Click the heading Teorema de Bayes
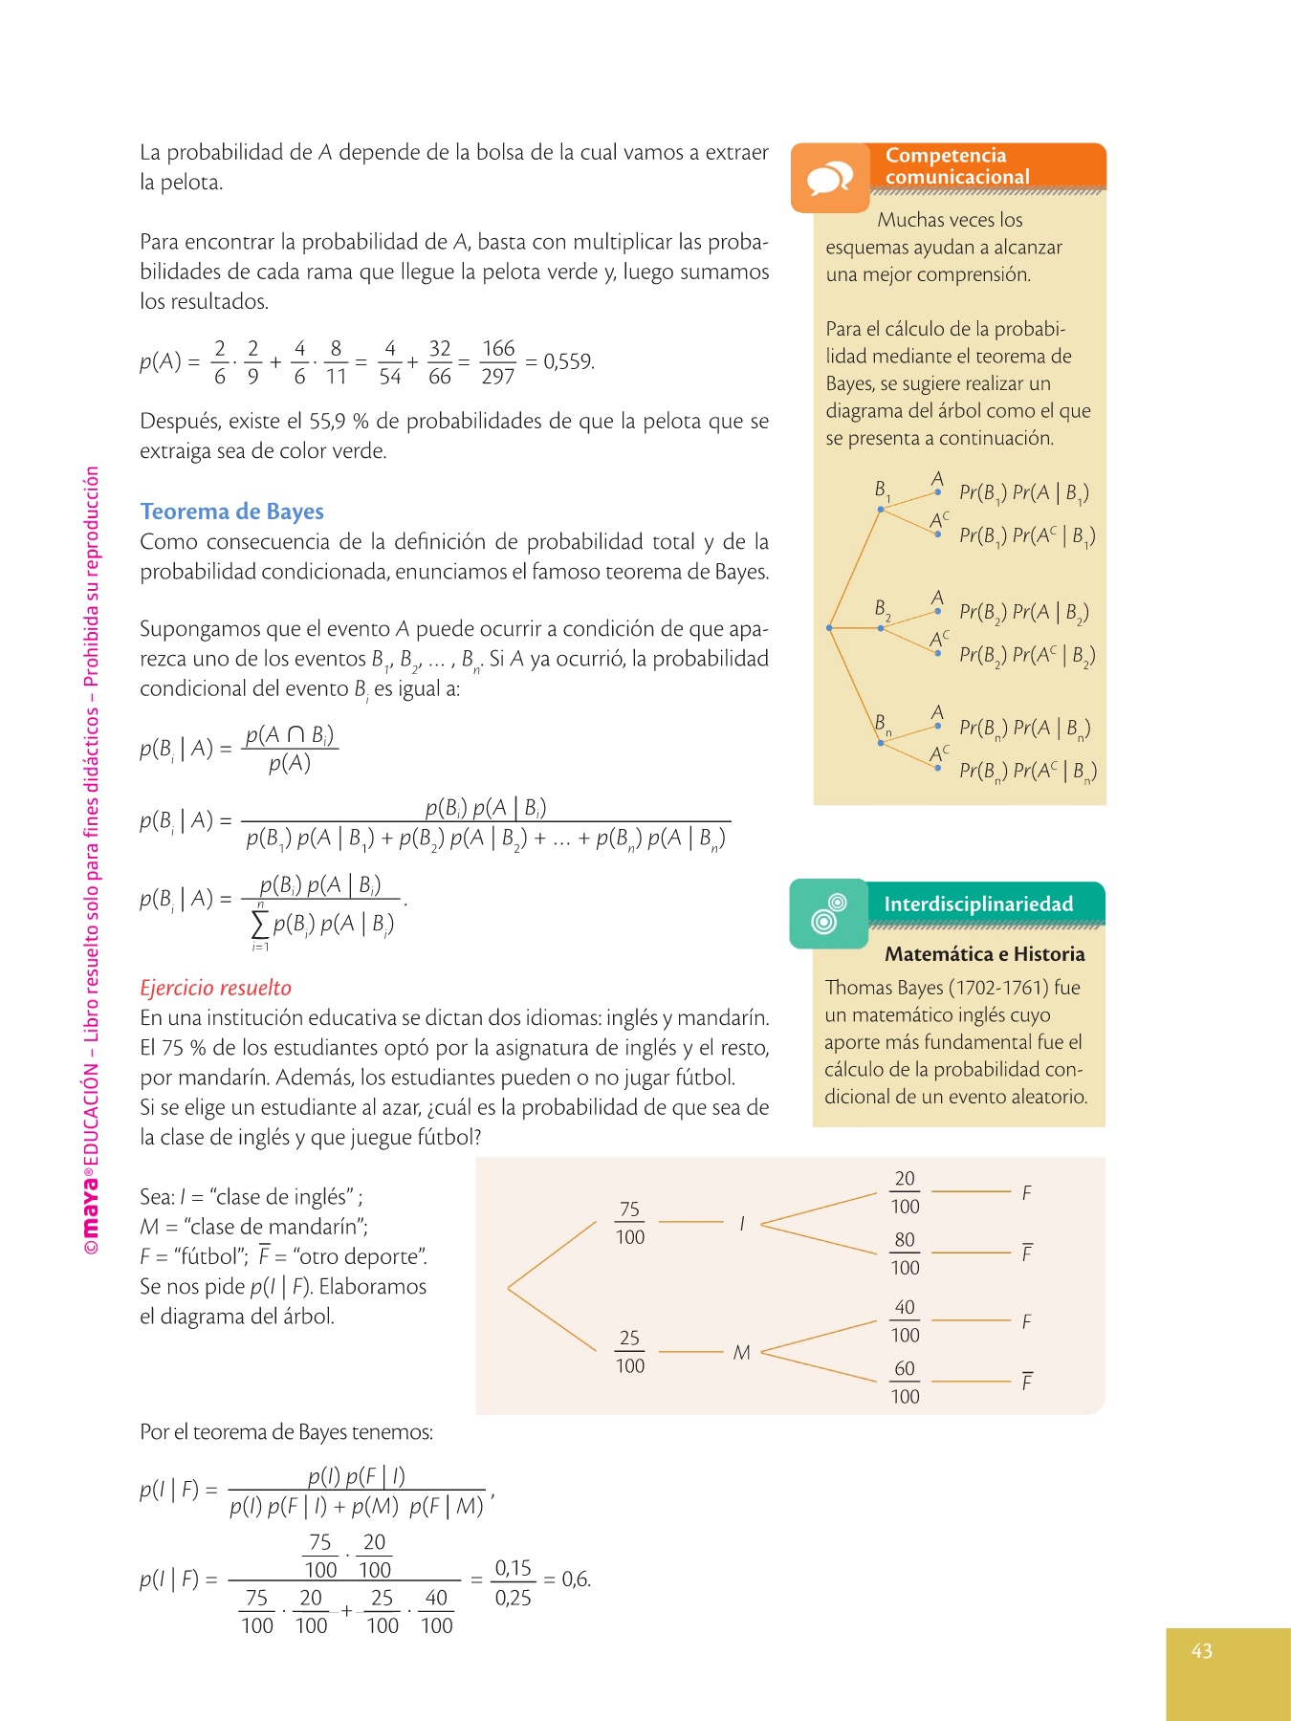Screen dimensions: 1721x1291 pyautogui.click(x=231, y=512)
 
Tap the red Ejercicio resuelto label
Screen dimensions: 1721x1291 pyautogui.click(x=215, y=988)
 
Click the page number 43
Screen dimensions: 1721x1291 pyautogui.click(x=1202, y=1650)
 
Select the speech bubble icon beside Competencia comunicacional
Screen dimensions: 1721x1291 pyautogui.click(x=829, y=179)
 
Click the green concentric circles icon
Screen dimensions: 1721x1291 pyautogui.click(x=829, y=913)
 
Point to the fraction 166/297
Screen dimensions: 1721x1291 pyautogui.click(x=498, y=362)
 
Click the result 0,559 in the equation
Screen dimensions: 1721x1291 pyautogui.click(x=569, y=362)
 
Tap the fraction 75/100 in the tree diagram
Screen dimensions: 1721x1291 pyautogui.click(x=629, y=1223)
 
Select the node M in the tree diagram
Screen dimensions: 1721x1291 pyautogui.click(x=741, y=1352)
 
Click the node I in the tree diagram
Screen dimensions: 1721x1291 pyautogui.click(x=742, y=1223)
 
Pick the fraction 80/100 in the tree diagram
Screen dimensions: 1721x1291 pyautogui.click(x=905, y=1253)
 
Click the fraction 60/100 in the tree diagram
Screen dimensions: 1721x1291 pyautogui.click(x=905, y=1383)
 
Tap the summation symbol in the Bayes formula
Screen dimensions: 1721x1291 pyautogui.click(x=259, y=925)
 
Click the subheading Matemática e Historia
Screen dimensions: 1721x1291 pyautogui.click(x=984, y=954)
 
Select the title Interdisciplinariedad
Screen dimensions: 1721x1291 pyautogui.click(x=978, y=904)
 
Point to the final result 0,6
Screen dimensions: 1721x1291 pyautogui.click(x=576, y=1579)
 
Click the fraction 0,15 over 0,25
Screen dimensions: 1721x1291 pyautogui.click(x=513, y=1582)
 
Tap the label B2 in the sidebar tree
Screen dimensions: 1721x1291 pyautogui.click(x=882, y=609)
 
